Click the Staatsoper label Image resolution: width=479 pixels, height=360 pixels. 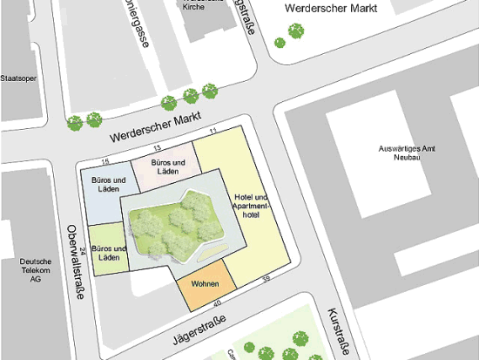tap(19, 77)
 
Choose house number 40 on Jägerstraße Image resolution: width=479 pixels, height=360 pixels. tap(217, 301)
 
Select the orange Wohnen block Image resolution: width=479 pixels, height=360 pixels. tap(206, 285)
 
